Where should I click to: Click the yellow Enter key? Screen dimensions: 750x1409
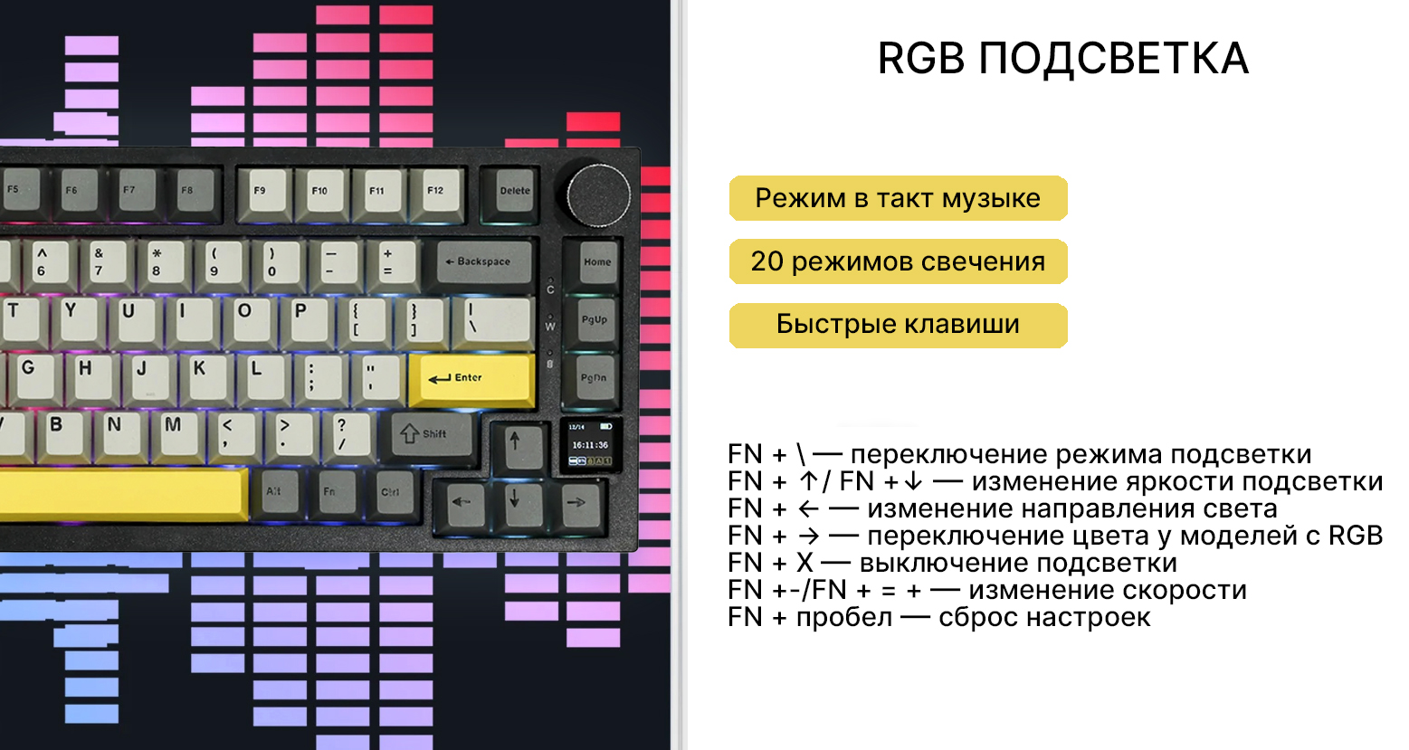(471, 378)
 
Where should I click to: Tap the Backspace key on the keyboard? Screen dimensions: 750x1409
(484, 261)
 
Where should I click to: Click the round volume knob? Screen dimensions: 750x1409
(598, 192)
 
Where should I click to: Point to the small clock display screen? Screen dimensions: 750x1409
(590, 444)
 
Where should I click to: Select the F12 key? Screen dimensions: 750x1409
(437, 191)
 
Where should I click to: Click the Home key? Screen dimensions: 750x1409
(597, 262)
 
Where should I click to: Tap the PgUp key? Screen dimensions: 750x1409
(595, 319)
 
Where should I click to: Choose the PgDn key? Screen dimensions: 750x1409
(594, 378)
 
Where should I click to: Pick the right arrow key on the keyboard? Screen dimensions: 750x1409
(575, 501)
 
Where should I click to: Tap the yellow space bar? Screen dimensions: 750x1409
(122, 493)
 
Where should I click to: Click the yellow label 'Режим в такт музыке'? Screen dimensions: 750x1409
(898, 198)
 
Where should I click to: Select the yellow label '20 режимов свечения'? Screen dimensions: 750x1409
(898, 261)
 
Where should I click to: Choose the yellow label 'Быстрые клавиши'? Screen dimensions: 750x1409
(898, 325)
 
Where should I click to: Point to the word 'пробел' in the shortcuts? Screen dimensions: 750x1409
(843, 618)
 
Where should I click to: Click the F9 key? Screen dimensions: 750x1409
(261, 191)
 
